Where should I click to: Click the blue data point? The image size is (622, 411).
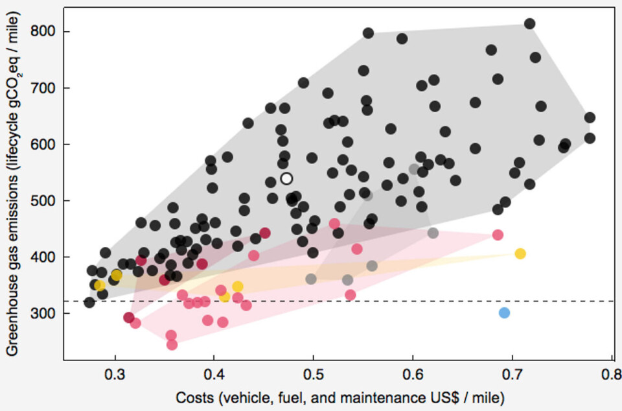coord(504,313)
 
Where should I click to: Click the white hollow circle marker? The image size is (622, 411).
coord(286,178)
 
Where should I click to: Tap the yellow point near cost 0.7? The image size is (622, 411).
coord(520,253)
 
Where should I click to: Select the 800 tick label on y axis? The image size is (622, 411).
coord(44,32)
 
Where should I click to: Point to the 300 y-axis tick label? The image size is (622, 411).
coord(44,314)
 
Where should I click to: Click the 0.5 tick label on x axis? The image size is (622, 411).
coord(314,375)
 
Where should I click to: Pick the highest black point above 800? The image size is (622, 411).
coord(529,24)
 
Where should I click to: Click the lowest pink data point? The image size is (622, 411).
coord(172,344)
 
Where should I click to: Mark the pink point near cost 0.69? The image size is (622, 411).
coord(498,235)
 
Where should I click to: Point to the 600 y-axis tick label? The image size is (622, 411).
coord(44,145)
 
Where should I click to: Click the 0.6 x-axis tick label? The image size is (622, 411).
coord(413,375)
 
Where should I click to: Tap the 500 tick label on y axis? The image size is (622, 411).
coord(44,201)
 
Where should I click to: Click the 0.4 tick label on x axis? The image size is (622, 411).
coord(214,375)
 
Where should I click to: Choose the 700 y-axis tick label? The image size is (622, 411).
coord(44,88)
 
